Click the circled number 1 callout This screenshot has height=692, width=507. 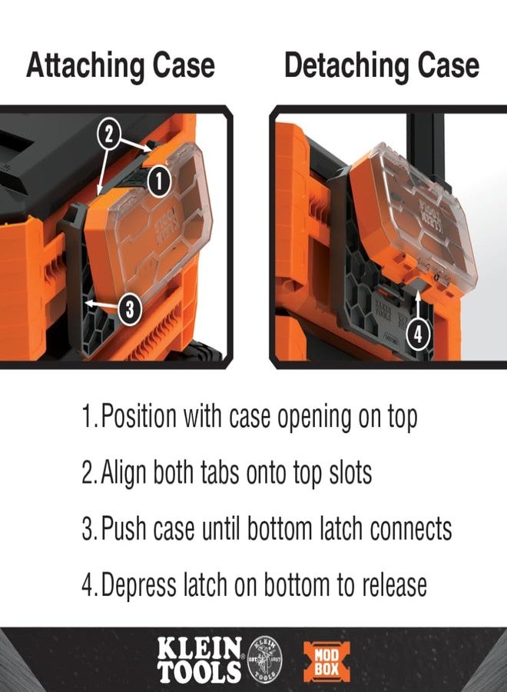157,182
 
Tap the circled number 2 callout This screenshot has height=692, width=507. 110,136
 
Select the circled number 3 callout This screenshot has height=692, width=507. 129,309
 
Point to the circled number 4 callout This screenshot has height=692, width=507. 417,334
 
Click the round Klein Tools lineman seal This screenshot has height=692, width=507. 263,658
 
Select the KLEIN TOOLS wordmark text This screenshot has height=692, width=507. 200,659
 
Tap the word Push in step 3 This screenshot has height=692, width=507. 126,529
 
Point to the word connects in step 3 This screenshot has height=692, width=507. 411,529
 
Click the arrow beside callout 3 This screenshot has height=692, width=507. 100,306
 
